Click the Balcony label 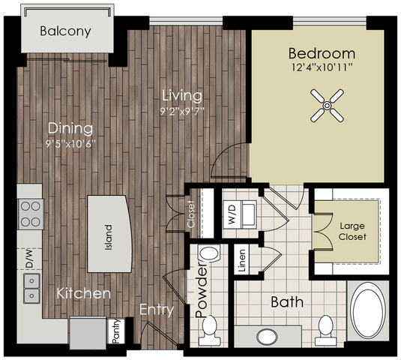click(x=65, y=31)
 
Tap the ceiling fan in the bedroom click(x=327, y=106)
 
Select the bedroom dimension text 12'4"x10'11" click(x=322, y=67)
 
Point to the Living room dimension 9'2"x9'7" click(x=182, y=111)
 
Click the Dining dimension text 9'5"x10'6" click(x=70, y=144)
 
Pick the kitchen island click(x=109, y=234)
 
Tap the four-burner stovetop click(x=31, y=214)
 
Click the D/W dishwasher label click(x=29, y=259)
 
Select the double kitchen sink click(x=31, y=288)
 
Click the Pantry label click(x=116, y=331)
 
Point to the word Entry click(x=157, y=310)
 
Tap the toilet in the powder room click(x=210, y=331)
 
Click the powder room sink click(x=209, y=253)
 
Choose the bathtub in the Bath click(x=368, y=310)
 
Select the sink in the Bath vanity click(x=267, y=337)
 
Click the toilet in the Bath click(x=325, y=330)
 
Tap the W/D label click(x=232, y=214)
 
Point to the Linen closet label click(x=242, y=260)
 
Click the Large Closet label click(x=352, y=231)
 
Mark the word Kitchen click(x=84, y=293)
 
